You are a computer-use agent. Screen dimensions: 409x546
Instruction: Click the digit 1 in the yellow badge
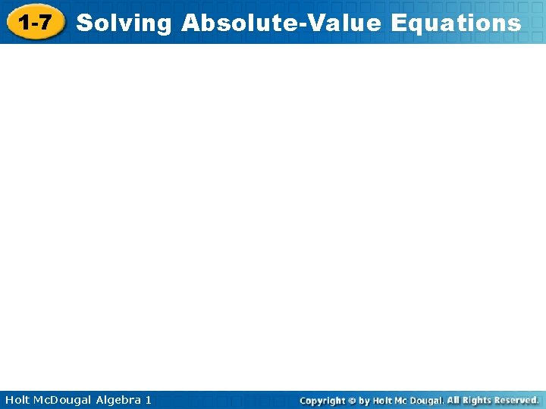(x=24, y=23)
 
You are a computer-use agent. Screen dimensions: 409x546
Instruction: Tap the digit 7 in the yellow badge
(x=45, y=23)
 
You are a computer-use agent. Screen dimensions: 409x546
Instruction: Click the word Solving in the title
(x=124, y=23)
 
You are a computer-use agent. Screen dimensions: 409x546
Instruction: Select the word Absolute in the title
(x=234, y=23)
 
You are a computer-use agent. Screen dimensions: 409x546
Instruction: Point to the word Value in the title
(x=339, y=23)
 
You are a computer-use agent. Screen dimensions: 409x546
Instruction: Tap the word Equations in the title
(x=456, y=23)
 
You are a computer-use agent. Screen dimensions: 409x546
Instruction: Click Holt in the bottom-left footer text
(x=18, y=399)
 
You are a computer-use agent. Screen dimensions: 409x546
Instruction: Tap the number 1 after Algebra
(x=148, y=399)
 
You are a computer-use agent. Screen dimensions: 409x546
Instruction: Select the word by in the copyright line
(x=365, y=400)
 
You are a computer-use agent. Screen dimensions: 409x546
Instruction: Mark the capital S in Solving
(x=83, y=23)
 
